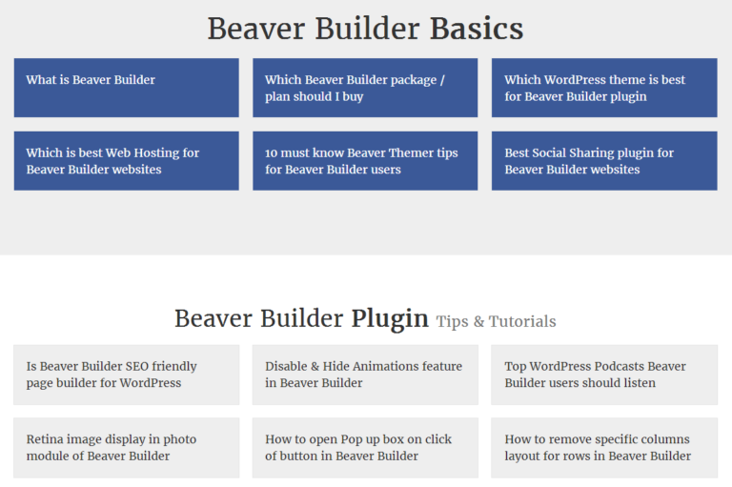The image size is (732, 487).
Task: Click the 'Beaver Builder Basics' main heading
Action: coord(365,29)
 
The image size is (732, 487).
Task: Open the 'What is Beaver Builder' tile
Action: coord(126,88)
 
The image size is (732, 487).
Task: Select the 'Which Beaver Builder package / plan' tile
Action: coord(364,88)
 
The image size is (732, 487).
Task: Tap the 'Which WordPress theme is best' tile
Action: coord(603,88)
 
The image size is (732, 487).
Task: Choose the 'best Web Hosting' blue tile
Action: coord(126,160)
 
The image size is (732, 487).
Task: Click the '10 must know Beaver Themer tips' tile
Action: coord(364,160)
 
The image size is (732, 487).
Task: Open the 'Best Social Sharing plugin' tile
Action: coord(603,160)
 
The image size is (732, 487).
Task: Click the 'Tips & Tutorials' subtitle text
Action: coord(496,321)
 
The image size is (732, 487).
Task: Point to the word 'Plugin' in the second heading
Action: coord(390,318)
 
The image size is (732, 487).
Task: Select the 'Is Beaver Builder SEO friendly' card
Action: coord(126,375)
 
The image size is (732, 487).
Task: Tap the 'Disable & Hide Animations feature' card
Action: coord(364,375)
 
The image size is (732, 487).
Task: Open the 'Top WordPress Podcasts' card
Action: coord(603,375)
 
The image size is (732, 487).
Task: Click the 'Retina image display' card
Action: coord(126,447)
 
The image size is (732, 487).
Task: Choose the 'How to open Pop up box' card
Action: coord(364,447)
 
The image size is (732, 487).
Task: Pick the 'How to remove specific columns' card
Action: coord(603,447)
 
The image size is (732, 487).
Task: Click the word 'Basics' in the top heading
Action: coord(476,29)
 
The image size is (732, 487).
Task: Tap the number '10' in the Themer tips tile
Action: coord(272,153)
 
